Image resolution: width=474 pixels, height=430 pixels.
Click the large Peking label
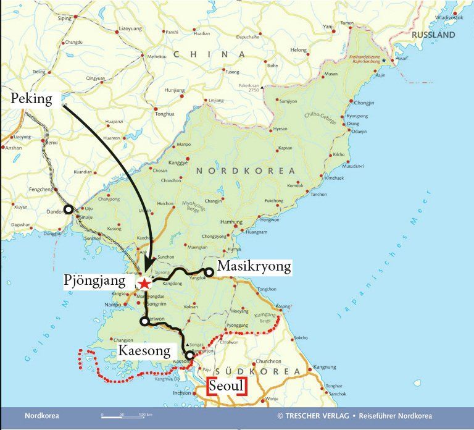[31, 99]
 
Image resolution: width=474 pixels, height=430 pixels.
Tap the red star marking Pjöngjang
[144, 284]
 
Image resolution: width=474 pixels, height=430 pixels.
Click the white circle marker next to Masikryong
[210, 271]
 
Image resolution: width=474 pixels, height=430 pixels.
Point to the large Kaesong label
[144, 352]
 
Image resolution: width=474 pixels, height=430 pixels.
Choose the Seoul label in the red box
[227, 386]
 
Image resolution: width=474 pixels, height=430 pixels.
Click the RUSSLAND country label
[432, 35]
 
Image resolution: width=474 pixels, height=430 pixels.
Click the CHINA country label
[210, 54]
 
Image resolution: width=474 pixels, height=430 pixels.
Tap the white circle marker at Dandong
[69, 209]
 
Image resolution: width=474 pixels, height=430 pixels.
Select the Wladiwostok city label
[449, 18]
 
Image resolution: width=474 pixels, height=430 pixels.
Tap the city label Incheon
[182, 392]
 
